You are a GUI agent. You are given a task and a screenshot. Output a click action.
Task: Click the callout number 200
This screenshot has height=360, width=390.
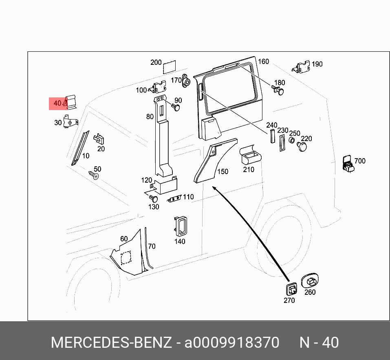tap(156, 62)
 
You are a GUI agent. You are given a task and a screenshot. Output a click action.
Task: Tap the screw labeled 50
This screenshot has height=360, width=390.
tap(94, 176)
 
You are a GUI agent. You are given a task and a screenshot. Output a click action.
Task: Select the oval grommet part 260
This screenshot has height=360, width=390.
tap(309, 281)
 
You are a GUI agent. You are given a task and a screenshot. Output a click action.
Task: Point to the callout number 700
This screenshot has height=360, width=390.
tap(360, 161)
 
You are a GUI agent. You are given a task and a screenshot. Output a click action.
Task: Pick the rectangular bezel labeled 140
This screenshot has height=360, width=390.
tap(180, 226)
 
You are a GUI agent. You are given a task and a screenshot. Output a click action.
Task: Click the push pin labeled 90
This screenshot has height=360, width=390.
tap(176, 107)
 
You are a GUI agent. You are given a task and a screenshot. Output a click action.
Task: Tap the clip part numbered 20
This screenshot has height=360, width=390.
tap(99, 139)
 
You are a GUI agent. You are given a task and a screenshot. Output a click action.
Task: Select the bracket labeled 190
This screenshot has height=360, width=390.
tap(302, 67)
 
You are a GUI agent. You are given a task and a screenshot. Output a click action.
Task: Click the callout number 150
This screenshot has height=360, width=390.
tap(223, 172)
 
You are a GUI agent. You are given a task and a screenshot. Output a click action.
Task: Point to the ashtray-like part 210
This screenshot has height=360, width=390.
tap(250, 155)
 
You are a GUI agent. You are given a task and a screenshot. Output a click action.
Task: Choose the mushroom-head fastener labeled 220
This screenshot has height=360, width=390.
tap(302, 146)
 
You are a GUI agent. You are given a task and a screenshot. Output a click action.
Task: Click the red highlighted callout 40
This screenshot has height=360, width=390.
tap(57, 104)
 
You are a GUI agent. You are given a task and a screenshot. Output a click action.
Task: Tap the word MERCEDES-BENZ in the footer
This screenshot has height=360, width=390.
tap(111, 342)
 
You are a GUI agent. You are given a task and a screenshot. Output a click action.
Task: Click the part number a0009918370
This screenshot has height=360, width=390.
tap(232, 342)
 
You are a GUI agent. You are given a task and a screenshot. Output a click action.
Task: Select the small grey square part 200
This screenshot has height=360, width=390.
tap(169, 66)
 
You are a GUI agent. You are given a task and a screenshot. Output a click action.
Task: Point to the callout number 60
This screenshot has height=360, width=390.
tap(124, 239)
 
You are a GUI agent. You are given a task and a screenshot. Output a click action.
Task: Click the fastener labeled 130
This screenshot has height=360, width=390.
tap(154, 199)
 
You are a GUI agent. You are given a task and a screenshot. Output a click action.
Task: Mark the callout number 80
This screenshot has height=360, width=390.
tap(150, 117)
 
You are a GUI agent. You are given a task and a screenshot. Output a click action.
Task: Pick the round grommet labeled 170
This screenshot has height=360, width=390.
tap(187, 82)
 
